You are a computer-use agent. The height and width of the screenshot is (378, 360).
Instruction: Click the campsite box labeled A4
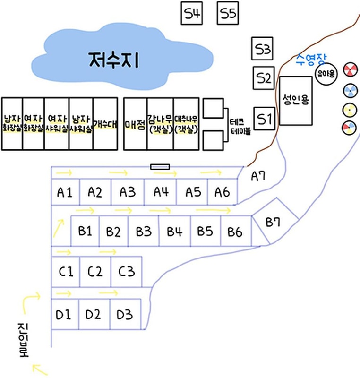coord(160,192)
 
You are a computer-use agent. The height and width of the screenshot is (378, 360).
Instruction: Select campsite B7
coord(274,223)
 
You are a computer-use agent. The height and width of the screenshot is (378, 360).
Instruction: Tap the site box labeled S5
coord(228,14)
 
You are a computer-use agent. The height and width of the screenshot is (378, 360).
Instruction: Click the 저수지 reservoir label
coord(113,60)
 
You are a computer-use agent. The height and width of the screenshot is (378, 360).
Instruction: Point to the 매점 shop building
coord(135,124)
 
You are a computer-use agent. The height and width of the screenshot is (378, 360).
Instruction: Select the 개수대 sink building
coord(105,124)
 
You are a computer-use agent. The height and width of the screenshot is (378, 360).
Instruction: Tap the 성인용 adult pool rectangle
coord(296,100)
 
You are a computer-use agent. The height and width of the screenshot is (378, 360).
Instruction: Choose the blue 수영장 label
coord(311,59)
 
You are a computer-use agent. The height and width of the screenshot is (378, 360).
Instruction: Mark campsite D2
coord(95,314)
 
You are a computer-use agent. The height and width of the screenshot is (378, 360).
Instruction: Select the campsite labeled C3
coord(127,272)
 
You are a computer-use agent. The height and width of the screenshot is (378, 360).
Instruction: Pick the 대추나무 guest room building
coord(186,124)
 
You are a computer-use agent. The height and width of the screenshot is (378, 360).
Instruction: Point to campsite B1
coord(85,231)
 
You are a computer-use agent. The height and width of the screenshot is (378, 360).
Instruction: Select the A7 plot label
coord(257,177)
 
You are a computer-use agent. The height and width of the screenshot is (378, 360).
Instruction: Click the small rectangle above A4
coord(160,166)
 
